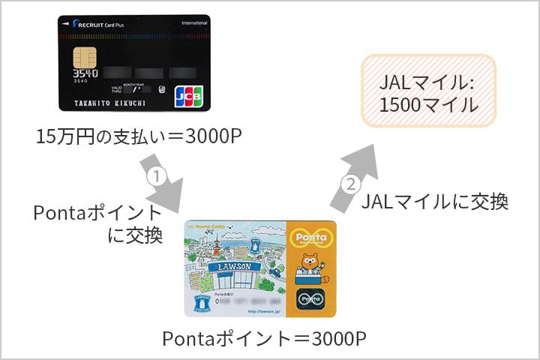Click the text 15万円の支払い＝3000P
pyautogui.click(x=139, y=138)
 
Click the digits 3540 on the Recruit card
pyautogui.click(x=84, y=74)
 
